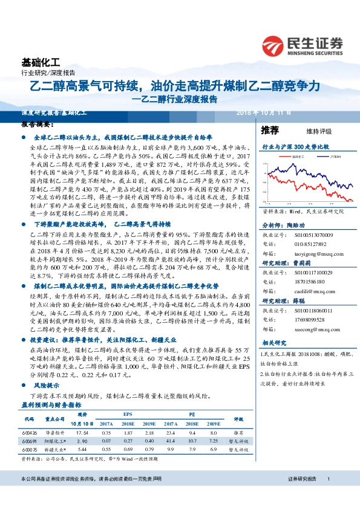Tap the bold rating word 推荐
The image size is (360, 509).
(270, 131)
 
